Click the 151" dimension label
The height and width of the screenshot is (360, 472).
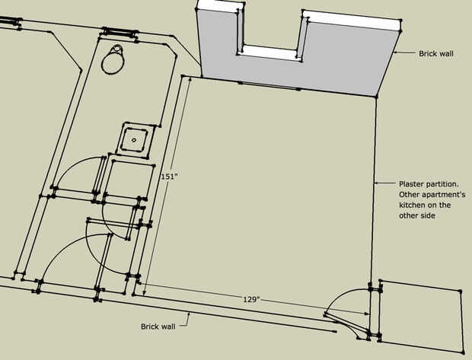coord(167,176)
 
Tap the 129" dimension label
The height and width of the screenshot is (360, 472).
coord(251,299)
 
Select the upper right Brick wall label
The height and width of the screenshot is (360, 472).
coord(436,53)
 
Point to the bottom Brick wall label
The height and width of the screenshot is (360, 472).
coord(158,327)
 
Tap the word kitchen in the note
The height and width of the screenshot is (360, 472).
coord(410,205)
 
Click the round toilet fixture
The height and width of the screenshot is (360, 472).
coord(113,59)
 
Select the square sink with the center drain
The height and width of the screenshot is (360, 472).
coord(136,140)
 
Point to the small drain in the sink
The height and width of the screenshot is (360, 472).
coord(134,140)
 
